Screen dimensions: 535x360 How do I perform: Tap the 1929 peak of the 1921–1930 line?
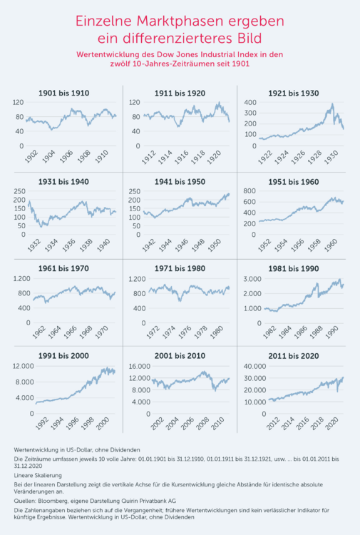click(x=331, y=105)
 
